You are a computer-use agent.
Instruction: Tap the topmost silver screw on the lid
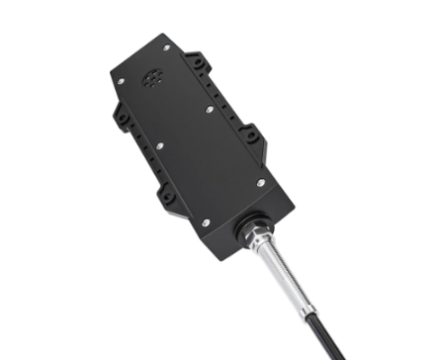(167, 47)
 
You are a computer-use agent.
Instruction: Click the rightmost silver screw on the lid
(261, 183)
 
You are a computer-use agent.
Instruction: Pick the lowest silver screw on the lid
(205, 222)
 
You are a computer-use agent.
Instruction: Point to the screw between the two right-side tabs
(209, 109)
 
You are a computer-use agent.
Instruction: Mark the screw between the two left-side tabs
(159, 146)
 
